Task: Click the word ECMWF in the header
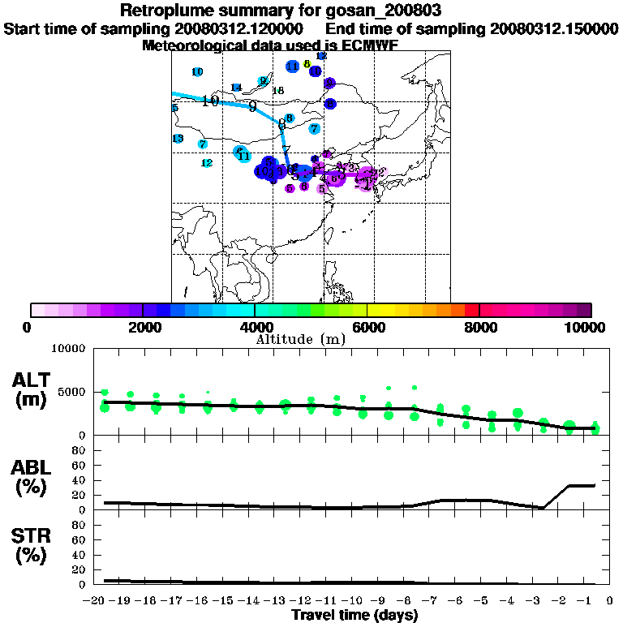(x=370, y=45)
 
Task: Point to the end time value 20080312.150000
(x=554, y=28)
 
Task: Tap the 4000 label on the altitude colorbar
(x=254, y=327)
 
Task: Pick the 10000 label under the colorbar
(x=586, y=327)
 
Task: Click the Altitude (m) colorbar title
(x=300, y=338)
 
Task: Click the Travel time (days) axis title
(x=354, y=616)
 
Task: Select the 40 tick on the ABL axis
(x=79, y=479)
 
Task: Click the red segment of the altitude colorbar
(x=472, y=310)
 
